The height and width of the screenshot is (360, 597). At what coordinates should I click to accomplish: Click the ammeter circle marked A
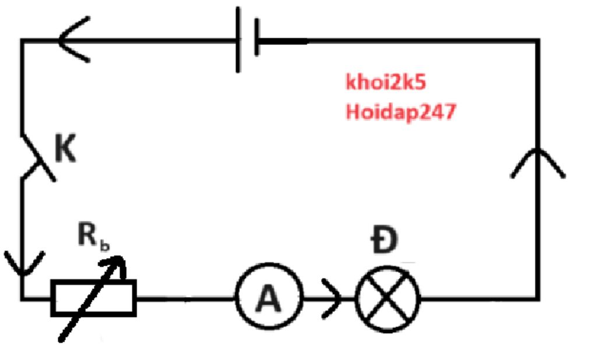coord(269,298)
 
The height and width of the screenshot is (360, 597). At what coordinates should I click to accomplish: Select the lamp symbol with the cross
coord(388,299)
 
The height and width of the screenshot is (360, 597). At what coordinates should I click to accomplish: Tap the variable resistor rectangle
coord(94,298)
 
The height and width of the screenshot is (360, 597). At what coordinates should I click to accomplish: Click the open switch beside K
coord(37,157)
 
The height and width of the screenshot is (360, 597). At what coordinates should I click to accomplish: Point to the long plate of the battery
coord(238,40)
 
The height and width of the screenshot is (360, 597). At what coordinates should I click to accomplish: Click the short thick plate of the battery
coord(257,39)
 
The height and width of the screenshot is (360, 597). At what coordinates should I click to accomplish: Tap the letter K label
coord(65,150)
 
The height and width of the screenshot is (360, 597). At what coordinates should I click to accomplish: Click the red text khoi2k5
coord(386,83)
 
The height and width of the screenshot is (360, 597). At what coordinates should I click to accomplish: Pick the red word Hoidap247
coord(400,111)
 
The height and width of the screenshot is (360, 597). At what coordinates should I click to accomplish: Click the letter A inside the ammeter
coord(268,299)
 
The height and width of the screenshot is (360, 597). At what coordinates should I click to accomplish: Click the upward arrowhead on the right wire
coord(537,160)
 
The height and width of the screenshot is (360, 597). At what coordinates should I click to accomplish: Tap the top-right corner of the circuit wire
coord(536,41)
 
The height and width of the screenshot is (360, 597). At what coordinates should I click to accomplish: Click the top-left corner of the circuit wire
coord(23,41)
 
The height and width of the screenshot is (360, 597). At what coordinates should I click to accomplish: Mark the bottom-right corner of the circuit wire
coord(536,299)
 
